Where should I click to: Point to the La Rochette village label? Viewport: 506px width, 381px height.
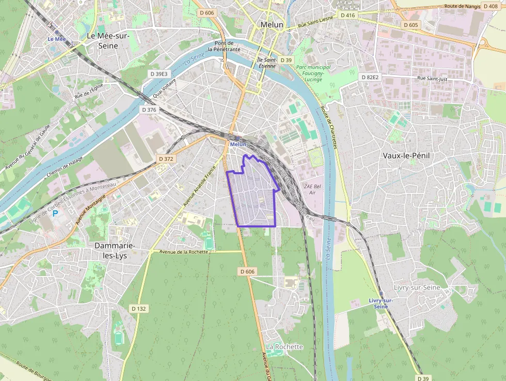point(284,346)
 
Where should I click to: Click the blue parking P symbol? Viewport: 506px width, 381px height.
point(55,212)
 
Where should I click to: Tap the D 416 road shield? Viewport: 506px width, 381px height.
point(348,16)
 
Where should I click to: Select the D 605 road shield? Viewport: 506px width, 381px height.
point(411,25)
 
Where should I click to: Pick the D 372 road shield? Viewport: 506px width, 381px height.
point(166,159)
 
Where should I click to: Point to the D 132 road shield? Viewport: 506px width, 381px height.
point(138,309)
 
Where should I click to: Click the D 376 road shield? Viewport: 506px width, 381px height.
point(149,110)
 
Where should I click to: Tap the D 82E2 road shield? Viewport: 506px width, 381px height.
point(370,77)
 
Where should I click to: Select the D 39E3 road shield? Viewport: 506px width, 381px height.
point(159,74)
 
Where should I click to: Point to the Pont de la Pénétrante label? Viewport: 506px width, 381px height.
point(224,46)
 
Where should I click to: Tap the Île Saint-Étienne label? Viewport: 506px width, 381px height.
point(267,63)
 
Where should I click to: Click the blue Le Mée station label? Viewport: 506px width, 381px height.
point(57,39)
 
